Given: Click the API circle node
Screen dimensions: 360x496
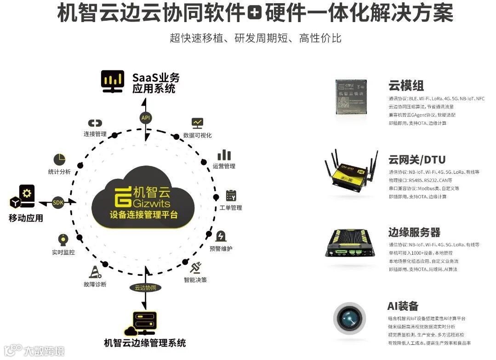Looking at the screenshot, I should click(x=146, y=118).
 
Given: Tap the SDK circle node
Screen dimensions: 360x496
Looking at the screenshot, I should click(x=58, y=202).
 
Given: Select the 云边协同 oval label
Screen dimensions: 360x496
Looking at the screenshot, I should click(x=145, y=287).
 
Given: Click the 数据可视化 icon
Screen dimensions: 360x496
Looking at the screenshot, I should click(x=197, y=123).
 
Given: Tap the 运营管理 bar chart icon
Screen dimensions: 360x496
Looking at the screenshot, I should click(x=224, y=154).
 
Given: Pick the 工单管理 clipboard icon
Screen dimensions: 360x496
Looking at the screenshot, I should click(x=231, y=195).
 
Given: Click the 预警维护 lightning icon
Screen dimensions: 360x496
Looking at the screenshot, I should click(x=221, y=236).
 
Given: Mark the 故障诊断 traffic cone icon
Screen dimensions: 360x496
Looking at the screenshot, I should click(x=95, y=272).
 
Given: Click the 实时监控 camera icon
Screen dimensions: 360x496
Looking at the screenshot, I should click(x=63, y=240).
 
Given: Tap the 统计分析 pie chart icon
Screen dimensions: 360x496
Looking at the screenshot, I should click(x=59, y=160).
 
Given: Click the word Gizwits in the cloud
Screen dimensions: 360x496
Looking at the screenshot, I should click(x=151, y=203).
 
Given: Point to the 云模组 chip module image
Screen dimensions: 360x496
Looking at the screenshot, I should click(x=351, y=96).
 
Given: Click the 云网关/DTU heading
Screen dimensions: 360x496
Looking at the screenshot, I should click(x=416, y=160).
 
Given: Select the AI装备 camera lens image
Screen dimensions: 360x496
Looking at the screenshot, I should click(x=351, y=317).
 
